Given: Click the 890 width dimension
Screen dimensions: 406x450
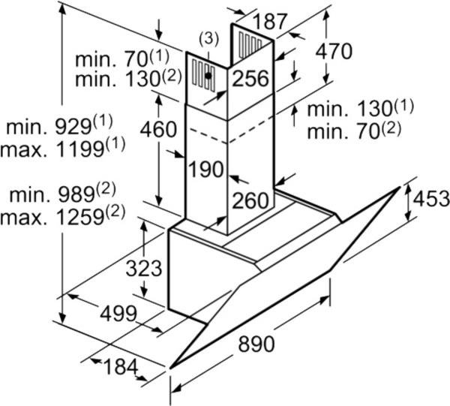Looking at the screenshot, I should (256, 344).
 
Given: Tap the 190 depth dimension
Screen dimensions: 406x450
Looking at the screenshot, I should (206, 170).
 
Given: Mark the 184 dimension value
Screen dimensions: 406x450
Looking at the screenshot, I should (119, 367).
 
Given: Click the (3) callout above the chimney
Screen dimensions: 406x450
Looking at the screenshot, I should (210, 38).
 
